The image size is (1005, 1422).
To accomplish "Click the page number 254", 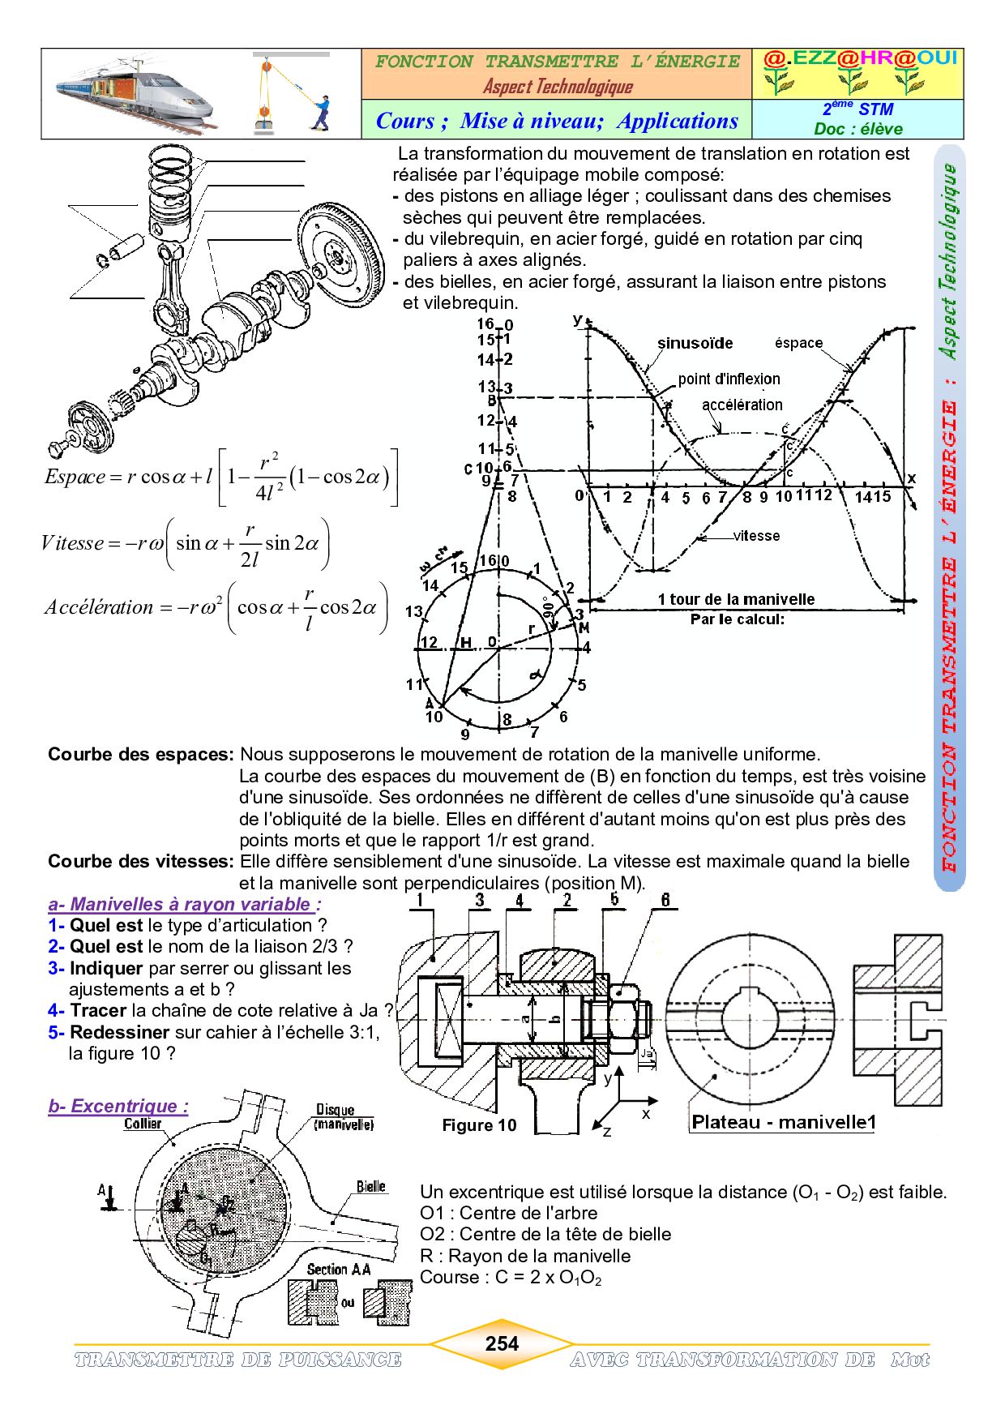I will click(502, 1343).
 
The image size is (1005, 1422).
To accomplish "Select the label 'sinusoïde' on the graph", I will click(695, 344).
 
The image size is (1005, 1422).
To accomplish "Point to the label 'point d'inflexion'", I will click(729, 379).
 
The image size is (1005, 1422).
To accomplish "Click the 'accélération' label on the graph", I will click(742, 405).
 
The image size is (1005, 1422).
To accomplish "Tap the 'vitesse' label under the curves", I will click(756, 536).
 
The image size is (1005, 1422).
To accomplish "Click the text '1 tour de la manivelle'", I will click(736, 599).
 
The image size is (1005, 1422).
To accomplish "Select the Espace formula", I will click(220, 478).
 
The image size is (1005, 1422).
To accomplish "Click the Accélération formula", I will click(216, 607).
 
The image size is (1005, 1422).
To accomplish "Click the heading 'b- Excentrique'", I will click(118, 1106).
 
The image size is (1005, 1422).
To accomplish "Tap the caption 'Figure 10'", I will click(479, 1125).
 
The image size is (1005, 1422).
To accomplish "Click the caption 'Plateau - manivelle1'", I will click(783, 1122).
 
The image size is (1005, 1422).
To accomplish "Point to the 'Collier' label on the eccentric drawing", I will click(143, 1124).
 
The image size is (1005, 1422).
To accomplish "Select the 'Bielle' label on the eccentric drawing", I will click(371, 1187).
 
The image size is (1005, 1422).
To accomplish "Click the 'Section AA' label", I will click(339, 1269).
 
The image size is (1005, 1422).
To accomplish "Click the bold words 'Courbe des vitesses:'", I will click(140, 861).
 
